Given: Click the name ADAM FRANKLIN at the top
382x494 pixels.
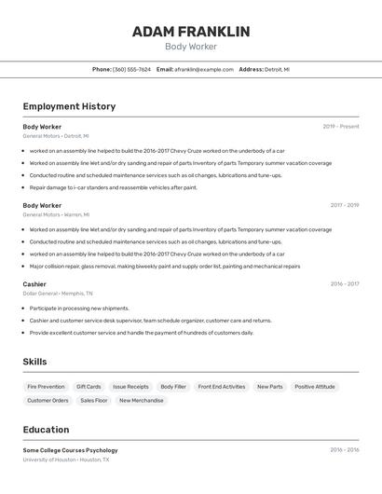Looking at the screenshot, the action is coord(191,32).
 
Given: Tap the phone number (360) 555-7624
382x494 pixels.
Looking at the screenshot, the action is coord(131,69).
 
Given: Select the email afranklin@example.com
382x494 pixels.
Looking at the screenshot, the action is coord(204,69).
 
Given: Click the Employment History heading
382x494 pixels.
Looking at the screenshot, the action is coord(69,106).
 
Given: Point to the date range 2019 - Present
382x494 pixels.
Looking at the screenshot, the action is coord(341,126).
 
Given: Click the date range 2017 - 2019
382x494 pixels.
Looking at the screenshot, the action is coord(344,205).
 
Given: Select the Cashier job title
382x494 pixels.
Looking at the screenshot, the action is coord(34,283).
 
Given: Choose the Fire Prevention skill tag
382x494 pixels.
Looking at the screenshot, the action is coord(46,386).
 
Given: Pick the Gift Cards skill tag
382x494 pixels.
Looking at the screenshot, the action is coord(89,386).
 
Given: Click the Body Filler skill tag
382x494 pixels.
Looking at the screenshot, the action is coord(173,386).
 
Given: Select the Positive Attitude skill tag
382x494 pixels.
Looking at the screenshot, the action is coord(315,386).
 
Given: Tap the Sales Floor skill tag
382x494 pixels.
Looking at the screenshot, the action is coord(94,400).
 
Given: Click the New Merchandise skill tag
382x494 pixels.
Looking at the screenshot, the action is coord(142,400).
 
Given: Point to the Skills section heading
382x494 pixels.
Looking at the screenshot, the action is coord(34,362).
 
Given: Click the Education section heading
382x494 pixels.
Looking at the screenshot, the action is coord(46,430).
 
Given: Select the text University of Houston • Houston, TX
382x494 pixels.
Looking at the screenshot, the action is coord(66,460).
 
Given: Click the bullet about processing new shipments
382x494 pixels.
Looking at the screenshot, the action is coord(79,308).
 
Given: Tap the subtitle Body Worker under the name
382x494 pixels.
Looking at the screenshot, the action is coord(191,47).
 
